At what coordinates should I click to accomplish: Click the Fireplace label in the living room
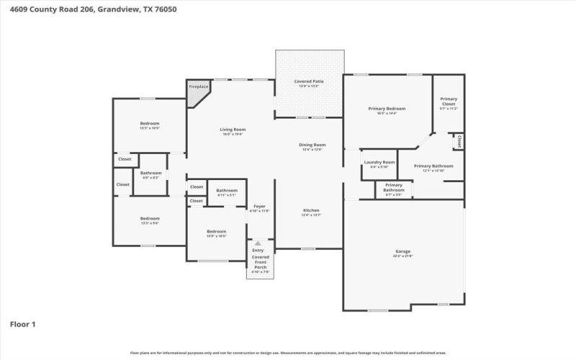(199, 86)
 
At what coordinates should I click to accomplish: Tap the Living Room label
(233, 130)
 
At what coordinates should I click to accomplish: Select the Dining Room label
(312, 145)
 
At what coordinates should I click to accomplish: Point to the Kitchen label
(311, 210)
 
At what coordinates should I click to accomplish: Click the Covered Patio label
(309, 81)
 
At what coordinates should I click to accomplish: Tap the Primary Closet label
(449, 102)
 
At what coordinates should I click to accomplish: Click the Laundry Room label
(379, 163)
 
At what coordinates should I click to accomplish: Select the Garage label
(402, 251)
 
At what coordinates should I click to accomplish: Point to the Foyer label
(259, 207)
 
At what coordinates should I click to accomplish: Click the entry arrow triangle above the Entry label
(258, 244)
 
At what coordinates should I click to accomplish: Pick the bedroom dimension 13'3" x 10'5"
(150, 128)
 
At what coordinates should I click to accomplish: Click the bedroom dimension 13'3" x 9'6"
(150, 223)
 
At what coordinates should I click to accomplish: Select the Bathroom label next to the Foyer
(227, 190)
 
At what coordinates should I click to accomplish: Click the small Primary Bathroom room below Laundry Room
(394, 189)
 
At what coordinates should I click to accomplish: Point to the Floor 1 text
(22, 324)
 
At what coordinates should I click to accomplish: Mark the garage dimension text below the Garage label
(402, 256)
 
